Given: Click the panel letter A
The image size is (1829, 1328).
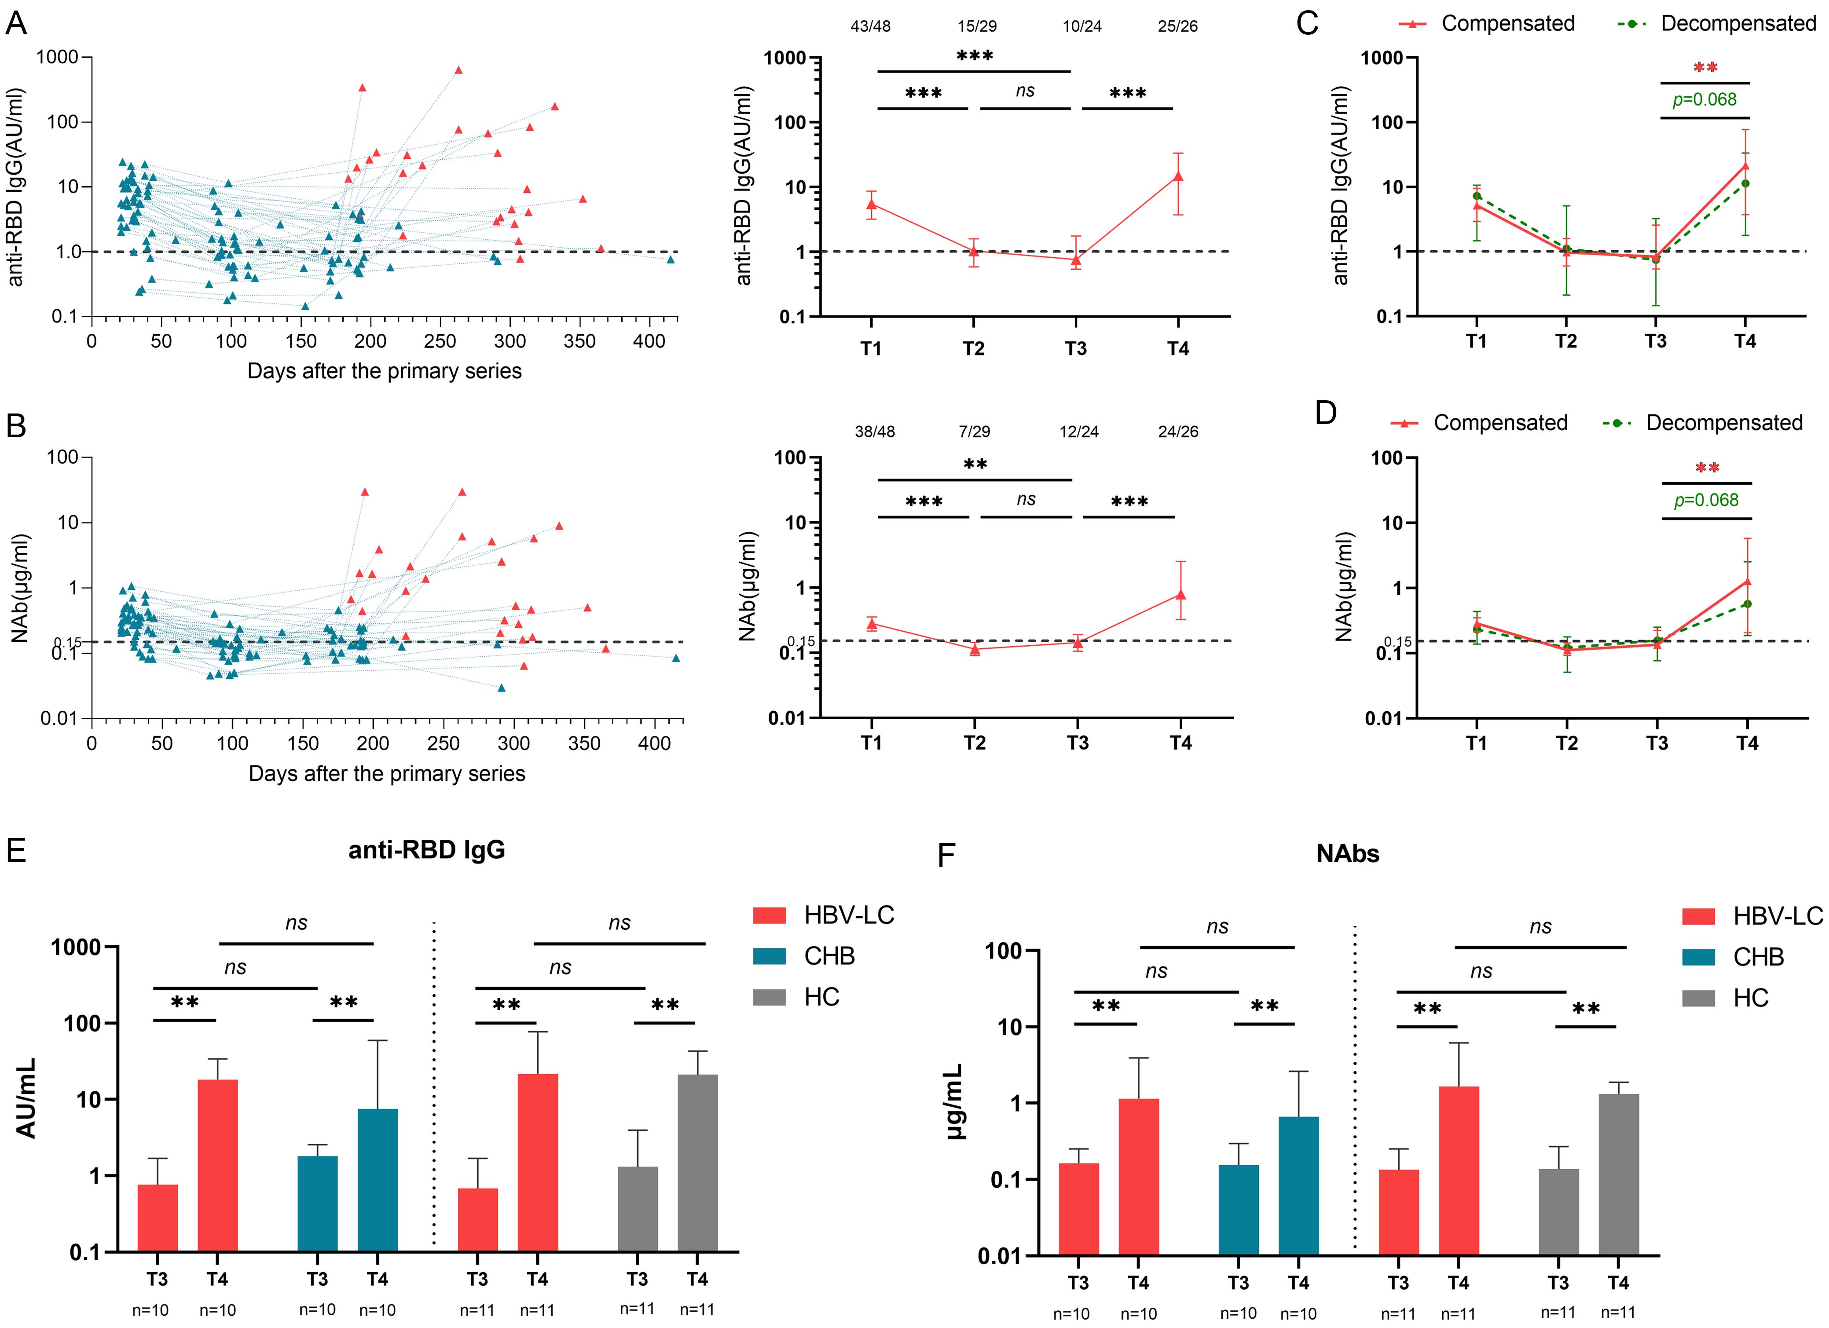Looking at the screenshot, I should [16, 24].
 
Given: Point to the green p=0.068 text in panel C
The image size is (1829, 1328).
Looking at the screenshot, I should [1704, 100].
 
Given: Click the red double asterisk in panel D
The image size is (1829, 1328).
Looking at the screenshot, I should [1707, 468].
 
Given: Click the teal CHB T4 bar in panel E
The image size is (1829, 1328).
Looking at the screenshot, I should [378, 1180].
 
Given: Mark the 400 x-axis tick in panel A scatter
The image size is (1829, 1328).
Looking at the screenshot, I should [649, 341].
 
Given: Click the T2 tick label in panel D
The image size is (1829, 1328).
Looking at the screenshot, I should [1566, 743].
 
